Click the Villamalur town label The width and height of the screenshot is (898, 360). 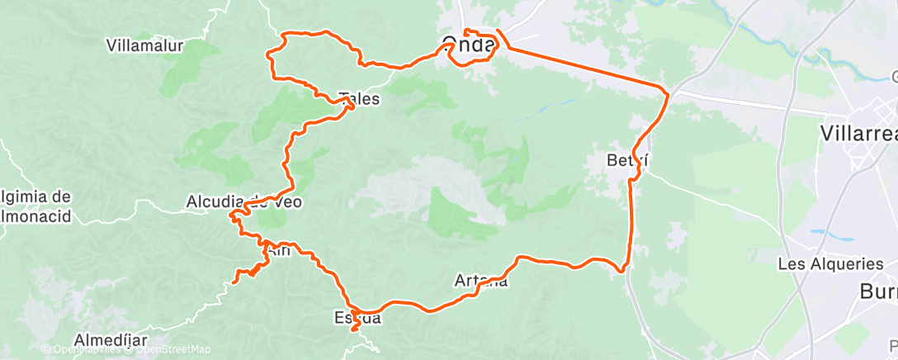(x=144, y=45)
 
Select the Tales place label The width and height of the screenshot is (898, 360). (x=360, y=99)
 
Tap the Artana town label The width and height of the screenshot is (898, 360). (x=481, y=281)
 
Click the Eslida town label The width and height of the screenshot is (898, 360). (x=357, y=317)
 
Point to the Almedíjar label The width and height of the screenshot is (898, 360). (x=111, y=340)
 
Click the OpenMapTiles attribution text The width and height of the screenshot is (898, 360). (x=82, y=350)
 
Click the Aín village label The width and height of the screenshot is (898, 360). (x=277, y=251)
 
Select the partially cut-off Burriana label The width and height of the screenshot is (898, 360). (x=878, y=291)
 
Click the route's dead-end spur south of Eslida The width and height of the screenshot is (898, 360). (x=354, y=330)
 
